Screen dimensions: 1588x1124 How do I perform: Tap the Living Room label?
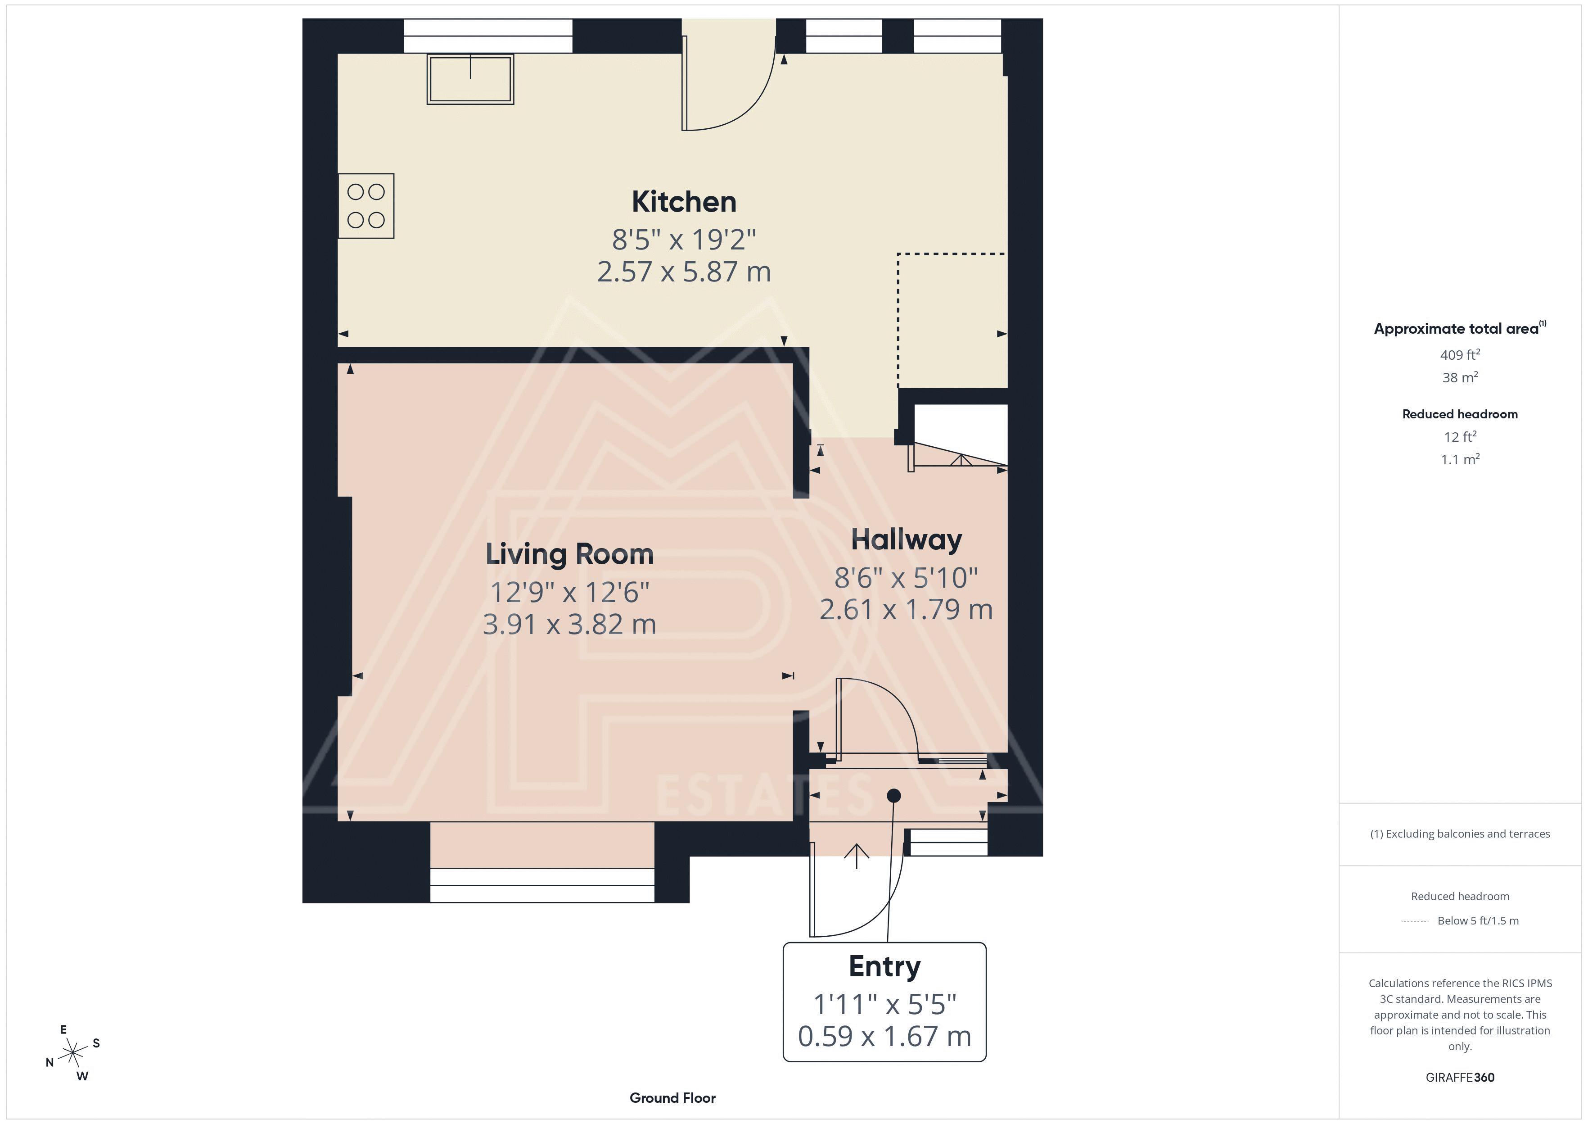click(x=569, y=554)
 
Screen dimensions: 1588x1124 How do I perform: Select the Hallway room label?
click(x=906, y=540)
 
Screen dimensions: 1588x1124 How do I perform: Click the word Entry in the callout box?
click(x=884, y=967)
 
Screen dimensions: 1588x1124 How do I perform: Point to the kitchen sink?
click(x=470, y=79)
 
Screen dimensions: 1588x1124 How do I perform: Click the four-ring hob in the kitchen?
click(x=366, y=205)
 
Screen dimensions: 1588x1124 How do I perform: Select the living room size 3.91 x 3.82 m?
click(x=569, y=624)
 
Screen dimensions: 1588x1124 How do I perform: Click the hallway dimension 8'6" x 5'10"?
click(x=906, y=577)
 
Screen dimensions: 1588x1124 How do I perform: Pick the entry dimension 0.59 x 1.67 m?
click(x=884, y=1036)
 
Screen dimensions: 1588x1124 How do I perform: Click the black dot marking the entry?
click(x=893, y=796)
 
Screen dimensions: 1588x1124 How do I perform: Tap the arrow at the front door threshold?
click(x=857, y=856)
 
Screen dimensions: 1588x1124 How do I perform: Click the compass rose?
click(x=72, y=1053)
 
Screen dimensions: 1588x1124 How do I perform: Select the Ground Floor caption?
click(x=672, y=1098)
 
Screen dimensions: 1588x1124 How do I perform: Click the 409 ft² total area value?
click(x=1460, y=354)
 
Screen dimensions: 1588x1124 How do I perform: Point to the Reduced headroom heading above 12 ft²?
click(x=1460, y=414)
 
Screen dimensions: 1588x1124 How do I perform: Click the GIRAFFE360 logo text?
click(x=1460, y=1078)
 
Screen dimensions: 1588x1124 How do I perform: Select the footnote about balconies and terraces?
click(x=1460, y=834)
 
